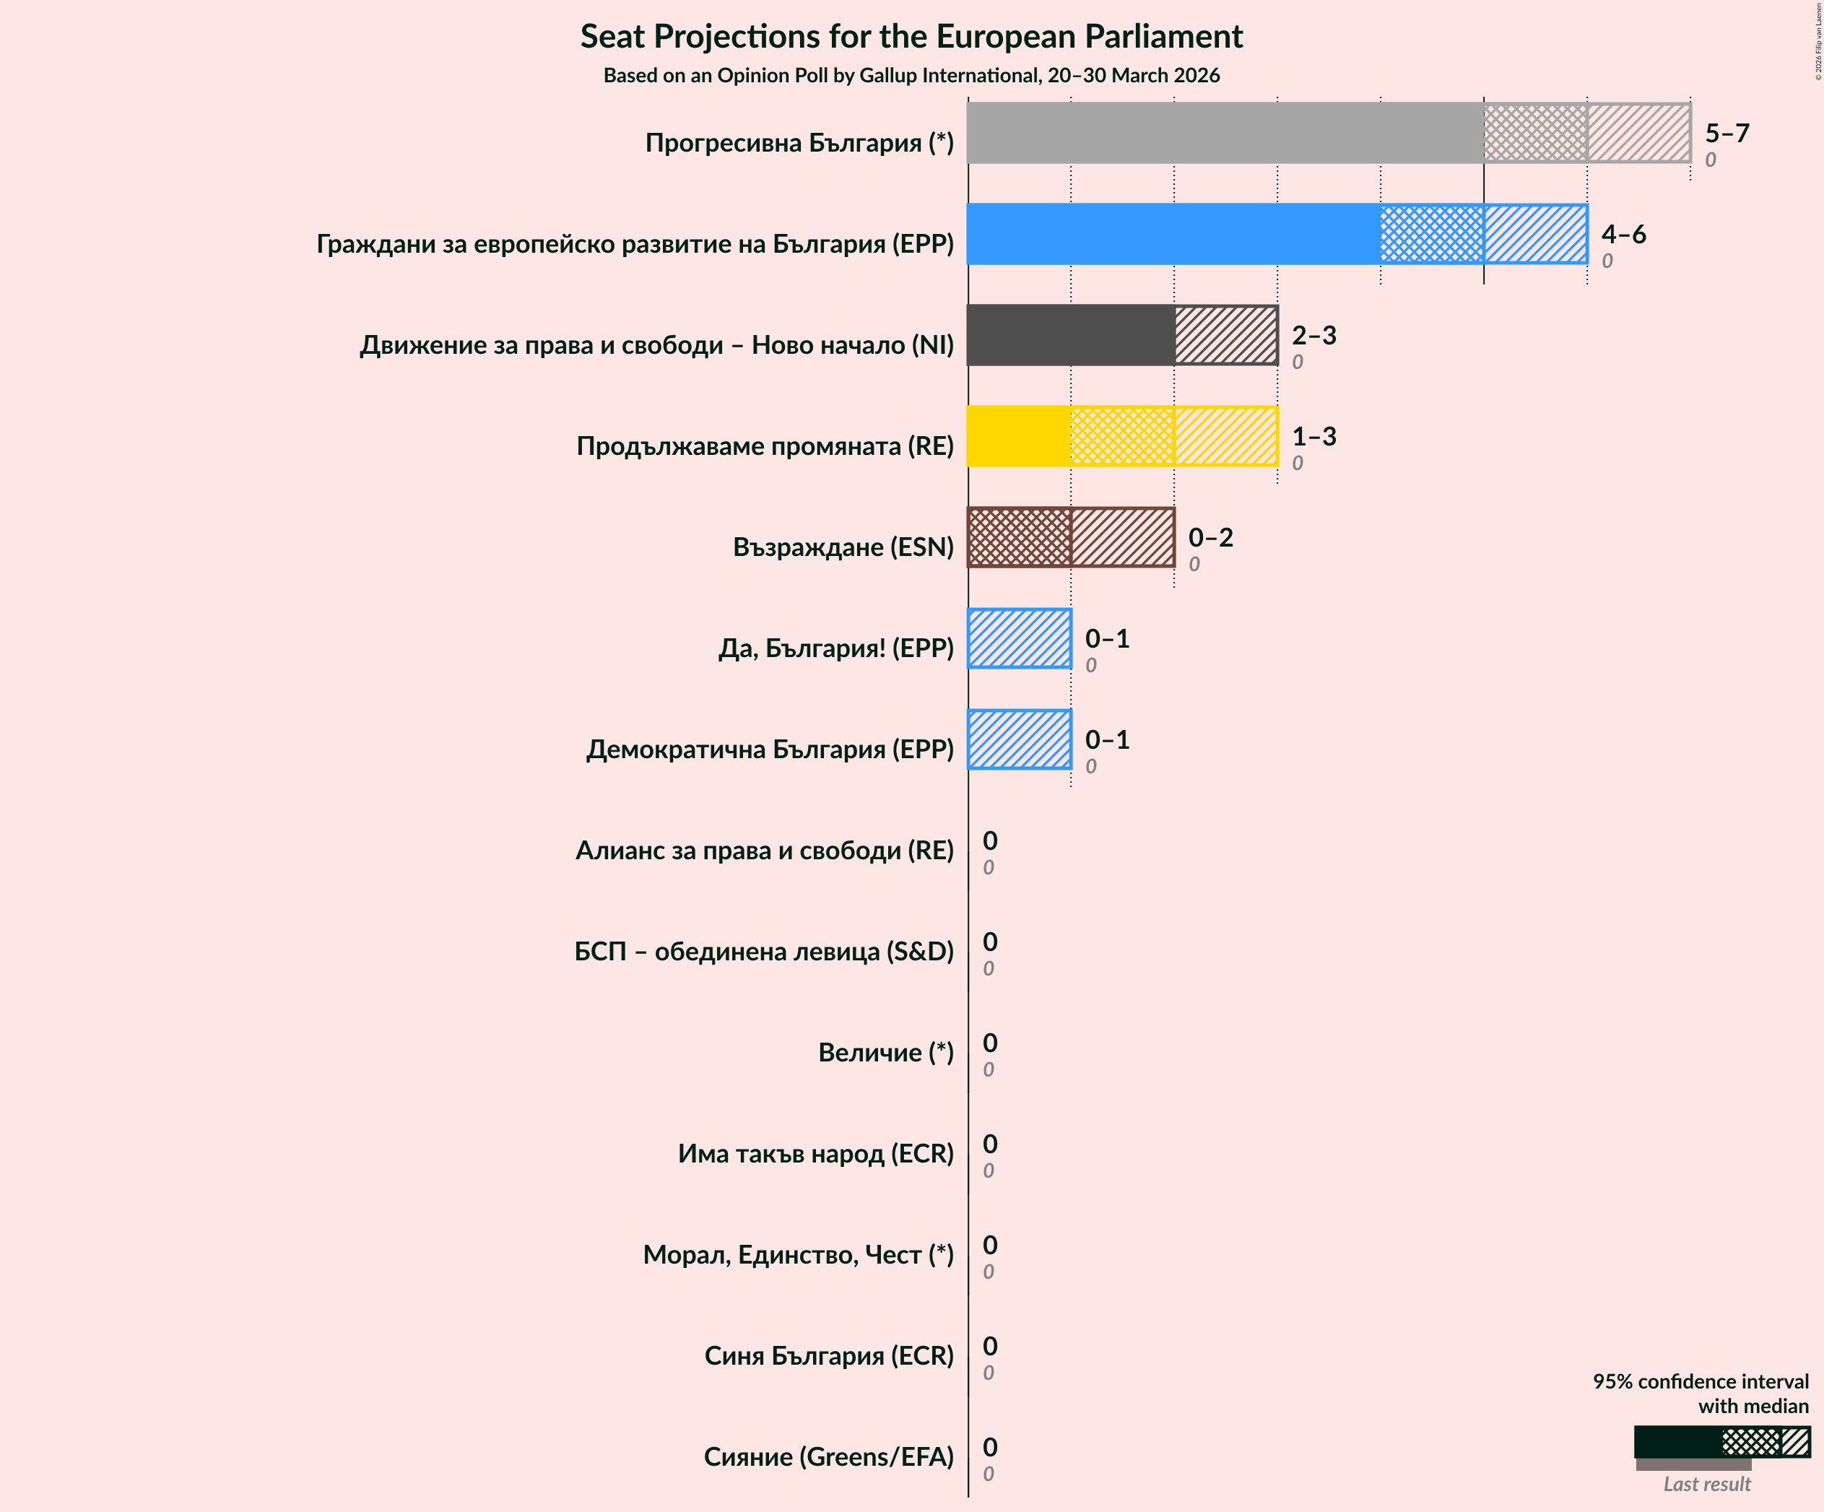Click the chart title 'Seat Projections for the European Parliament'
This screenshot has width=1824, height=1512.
pos(911,37)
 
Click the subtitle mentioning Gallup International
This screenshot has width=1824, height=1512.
pos(911,76)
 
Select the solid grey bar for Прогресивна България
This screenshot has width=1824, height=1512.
pos(1225,133)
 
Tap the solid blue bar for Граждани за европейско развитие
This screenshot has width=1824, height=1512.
pos(1173,234)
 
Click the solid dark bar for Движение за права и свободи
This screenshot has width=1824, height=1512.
pos(1070,335)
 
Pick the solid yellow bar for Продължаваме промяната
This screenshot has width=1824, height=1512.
pos(1019,436)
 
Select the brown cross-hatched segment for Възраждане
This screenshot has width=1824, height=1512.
pos(1019,538)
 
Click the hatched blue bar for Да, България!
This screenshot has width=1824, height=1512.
pos(1019,638)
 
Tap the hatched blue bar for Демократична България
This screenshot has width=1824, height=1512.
pos(1019,739)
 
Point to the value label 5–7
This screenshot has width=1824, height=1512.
pos(1727,133)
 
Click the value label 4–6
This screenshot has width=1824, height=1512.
pos(1623,234)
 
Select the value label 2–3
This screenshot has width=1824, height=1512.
pos(1313,335)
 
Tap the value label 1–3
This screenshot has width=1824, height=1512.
pos(1313,436)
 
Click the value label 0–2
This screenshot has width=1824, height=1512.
pos(1210,538)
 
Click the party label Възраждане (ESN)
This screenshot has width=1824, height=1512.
pos(843,547)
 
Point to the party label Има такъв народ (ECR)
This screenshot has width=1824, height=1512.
pos(815,1153)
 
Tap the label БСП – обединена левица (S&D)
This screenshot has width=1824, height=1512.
pos(763,951)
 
